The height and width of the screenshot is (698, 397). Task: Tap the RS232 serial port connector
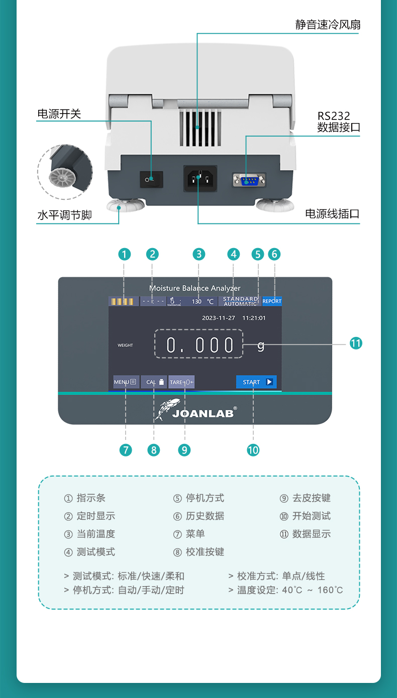249,179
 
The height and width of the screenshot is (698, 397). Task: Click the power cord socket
200,179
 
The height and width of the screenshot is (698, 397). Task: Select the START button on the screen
256,382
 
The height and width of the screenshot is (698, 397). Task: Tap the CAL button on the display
154,382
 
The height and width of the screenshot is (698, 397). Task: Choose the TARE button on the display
181,382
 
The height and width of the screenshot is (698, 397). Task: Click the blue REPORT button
272,301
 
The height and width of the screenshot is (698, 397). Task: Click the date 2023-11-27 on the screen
219,318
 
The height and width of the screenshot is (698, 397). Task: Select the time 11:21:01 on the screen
254,318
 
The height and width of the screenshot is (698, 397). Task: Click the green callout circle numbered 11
356,343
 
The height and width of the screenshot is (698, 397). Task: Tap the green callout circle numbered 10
253,450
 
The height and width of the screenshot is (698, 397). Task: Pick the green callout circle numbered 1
125,254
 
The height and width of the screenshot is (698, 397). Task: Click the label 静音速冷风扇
328,25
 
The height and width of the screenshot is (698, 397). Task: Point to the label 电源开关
59,114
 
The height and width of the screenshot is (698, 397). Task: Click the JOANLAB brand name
203,414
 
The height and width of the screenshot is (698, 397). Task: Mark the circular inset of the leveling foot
65,172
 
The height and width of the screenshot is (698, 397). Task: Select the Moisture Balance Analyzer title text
195,288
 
